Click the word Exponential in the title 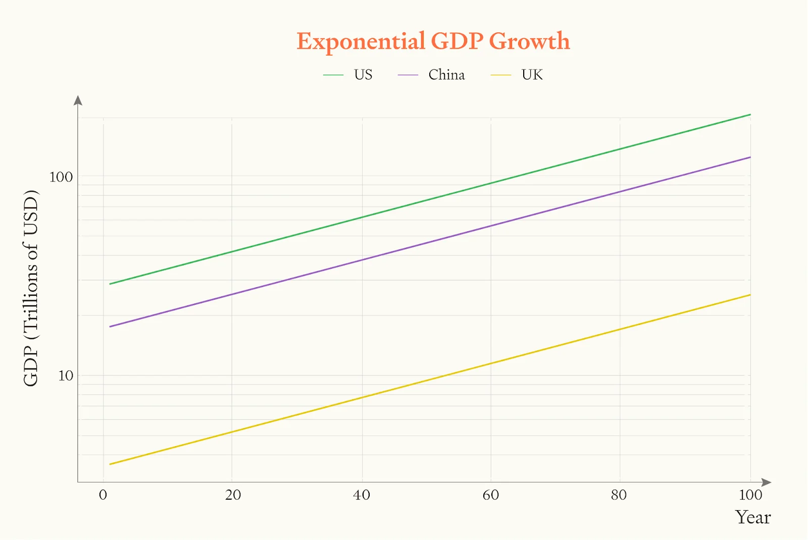(x=361, y=41)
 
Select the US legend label (x=363, y=75)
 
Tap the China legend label (x=446, y=75)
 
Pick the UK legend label (x=532, y=75)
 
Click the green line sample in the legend (x=333, y=75)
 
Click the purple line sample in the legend (x=408, y=75)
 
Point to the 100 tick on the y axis (x=61, y=177)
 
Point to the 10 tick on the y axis (x=66, y=376)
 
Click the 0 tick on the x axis (x=103, y=495)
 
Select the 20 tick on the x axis (x=233, y=495)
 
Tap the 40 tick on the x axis (x=362, y=495)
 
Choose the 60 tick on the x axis (x=491, y=495)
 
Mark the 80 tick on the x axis (x=619, y=495)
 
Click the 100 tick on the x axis (x=750, y=495)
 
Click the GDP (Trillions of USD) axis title (x=31, y=289)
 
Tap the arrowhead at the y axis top (x=78, y=100)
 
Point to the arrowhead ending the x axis (x=766, y=482)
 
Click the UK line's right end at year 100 (x=750, y=295)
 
